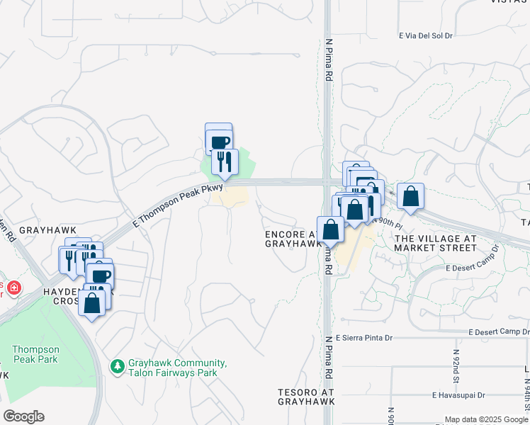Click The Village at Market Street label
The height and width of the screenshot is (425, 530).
pyautogui.click(x=435, y=244)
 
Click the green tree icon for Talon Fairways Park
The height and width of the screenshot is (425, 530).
pyautogui.click(x=118, y=366)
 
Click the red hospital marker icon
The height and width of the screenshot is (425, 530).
pyautogui.click(x=14, y=289)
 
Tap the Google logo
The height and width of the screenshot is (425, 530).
pyautogui.click(x=23, y=416)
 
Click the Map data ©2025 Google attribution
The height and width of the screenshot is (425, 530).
pyautogui.click(x=486, y=419)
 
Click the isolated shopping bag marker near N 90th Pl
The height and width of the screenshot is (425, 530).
pyautogui.click(x=410, y=195)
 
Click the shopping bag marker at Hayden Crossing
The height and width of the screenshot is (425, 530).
pyautogui.click(x=93, y=302)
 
